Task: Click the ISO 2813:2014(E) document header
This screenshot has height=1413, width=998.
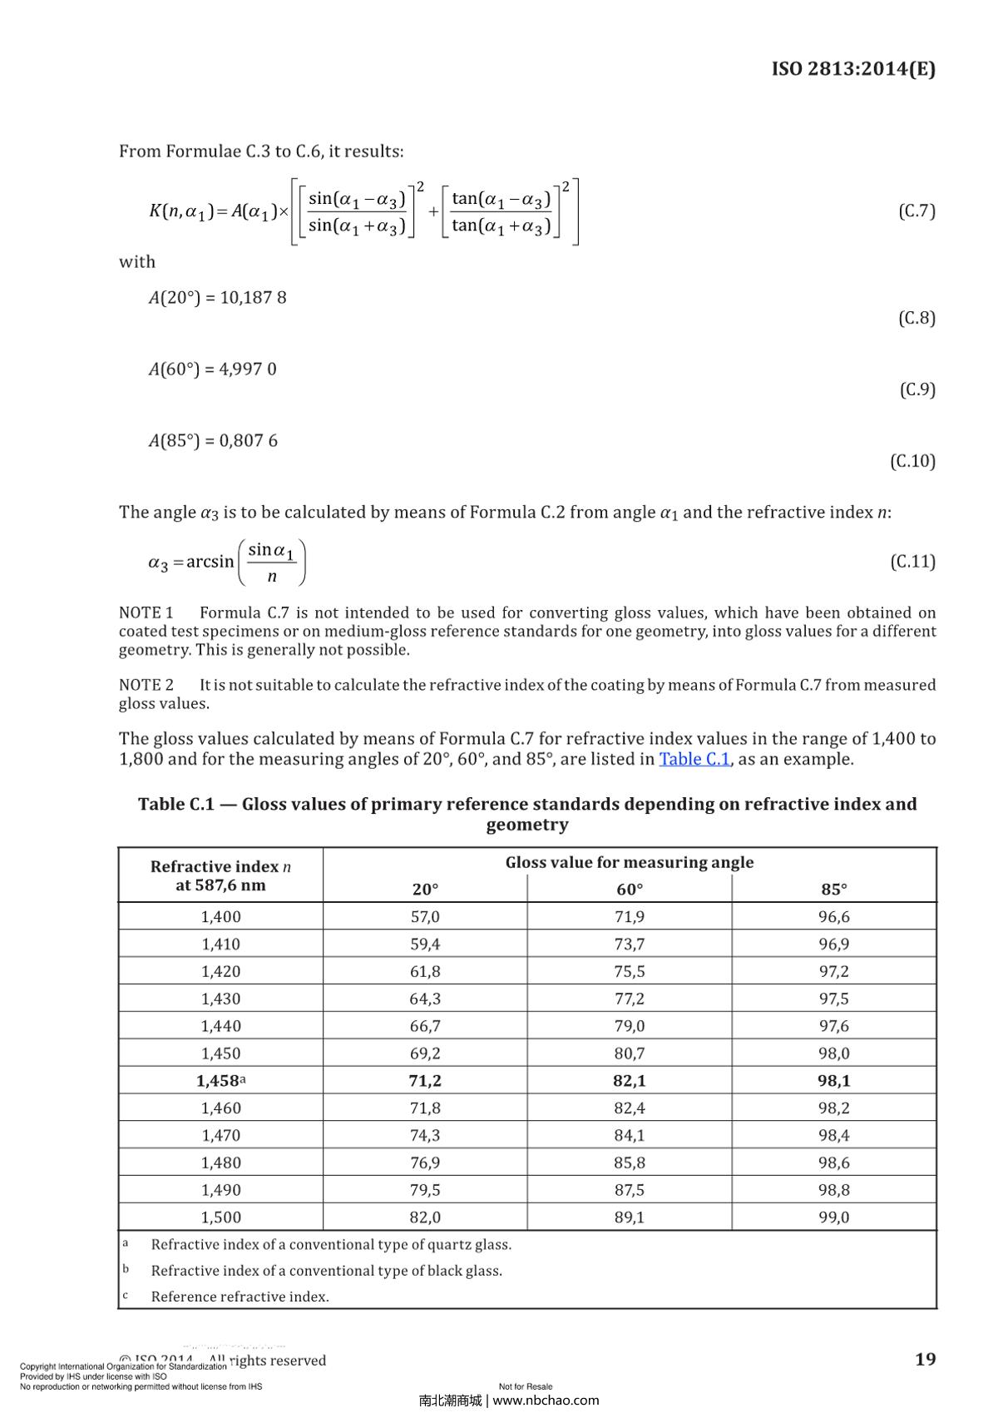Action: (853, 68)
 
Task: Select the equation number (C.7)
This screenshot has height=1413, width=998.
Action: (916, 211)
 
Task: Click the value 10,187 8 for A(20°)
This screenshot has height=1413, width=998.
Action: (253, 297)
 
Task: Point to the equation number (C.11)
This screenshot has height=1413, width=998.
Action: (912, 562)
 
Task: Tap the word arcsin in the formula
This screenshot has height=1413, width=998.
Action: (210, 562)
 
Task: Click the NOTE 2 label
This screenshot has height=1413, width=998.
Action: (146, 685)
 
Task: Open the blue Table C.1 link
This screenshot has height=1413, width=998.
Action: (694, 759)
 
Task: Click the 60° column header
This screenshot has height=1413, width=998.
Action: (630, 889)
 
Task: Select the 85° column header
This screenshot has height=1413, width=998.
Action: (834, 889)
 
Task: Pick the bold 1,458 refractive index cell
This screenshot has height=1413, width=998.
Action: (218, 1080)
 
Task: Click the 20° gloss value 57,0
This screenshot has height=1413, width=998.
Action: (425, 916)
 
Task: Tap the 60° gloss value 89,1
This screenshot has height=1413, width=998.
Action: (630, 1217)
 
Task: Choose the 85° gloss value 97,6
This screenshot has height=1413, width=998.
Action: (834, 1025)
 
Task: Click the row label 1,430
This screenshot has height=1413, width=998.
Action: (220, 998)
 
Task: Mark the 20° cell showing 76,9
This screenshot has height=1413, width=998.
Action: (425, 1162)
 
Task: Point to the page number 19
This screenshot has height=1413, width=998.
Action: (925, 1359)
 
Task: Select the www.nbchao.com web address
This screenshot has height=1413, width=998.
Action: (546, 1400)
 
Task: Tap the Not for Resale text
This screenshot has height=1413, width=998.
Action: (526, 1386)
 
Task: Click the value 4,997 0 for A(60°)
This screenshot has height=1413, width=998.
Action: (248, 369)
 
